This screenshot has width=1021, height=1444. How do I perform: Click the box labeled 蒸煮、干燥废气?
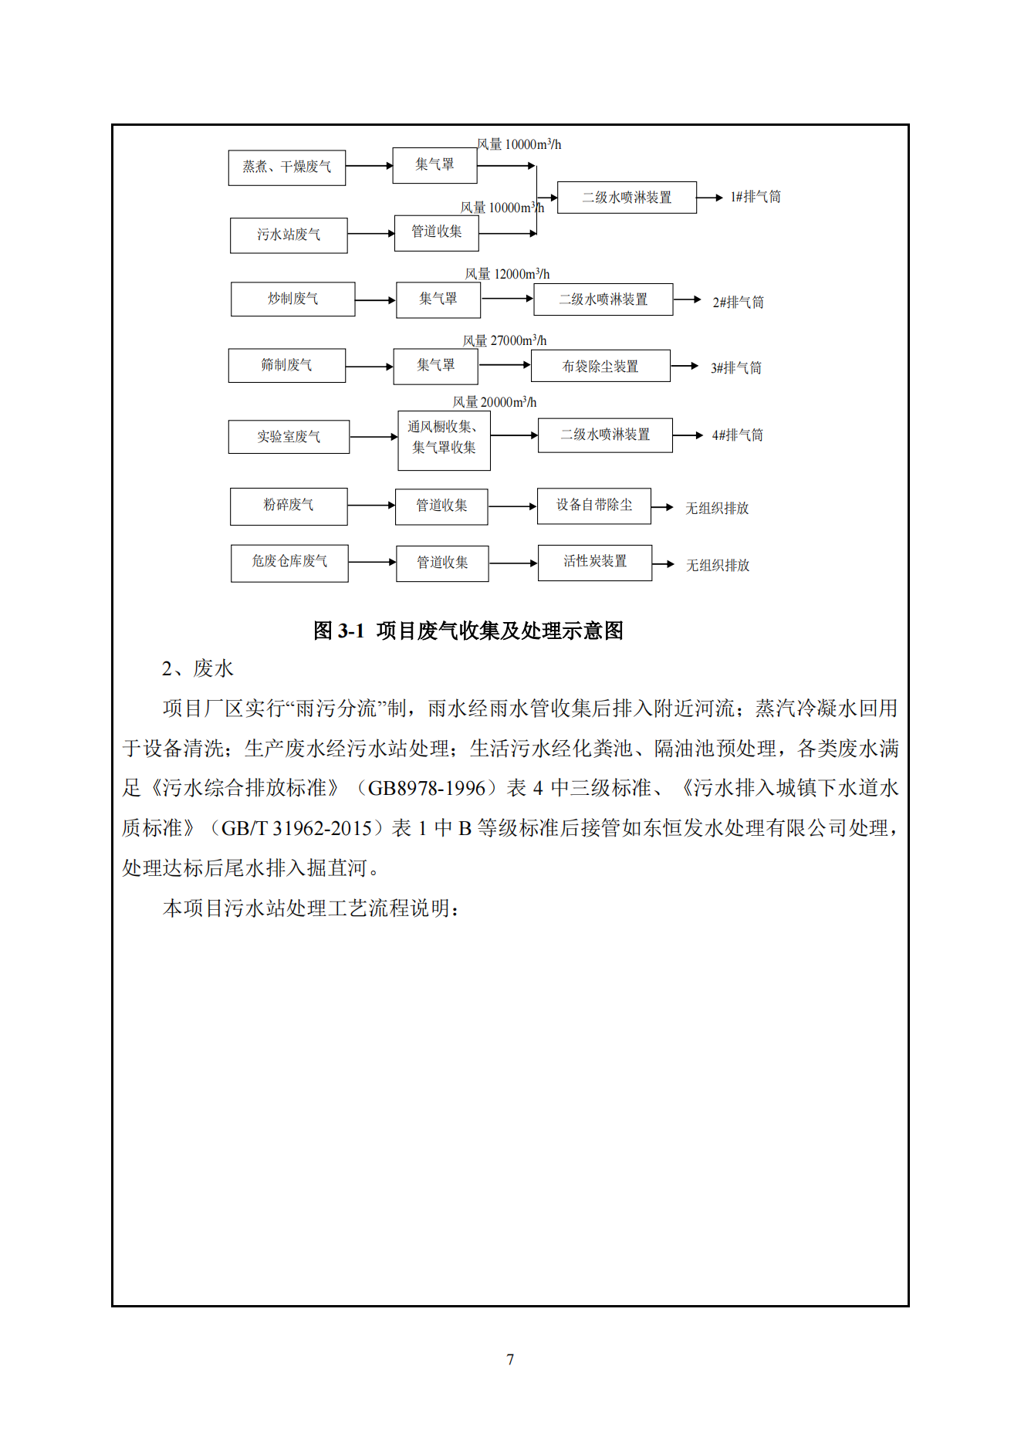(x=286, y=167)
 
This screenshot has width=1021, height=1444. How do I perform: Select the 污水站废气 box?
(x=289, y=235)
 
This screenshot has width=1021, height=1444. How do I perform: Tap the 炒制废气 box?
(x=292, y=299)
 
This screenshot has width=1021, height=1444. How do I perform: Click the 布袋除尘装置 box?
(x=600, y=367)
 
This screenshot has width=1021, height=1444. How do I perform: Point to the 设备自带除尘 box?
(x=593, y=506)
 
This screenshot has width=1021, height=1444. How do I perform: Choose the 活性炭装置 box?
(x=594, y=562)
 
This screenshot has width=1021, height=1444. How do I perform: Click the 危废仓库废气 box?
(x=289, y=563)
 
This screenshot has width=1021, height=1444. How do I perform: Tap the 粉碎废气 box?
(x=289, y=506)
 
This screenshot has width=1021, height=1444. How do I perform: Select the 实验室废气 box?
(x=289, y=437)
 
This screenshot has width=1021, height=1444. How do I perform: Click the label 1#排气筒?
(x=755, y=198)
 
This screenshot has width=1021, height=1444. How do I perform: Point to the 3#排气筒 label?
(x=735, y=368)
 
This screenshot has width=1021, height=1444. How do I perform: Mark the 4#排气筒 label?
(x=737, y=435)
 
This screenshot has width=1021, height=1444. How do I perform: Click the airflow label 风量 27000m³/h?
(x=505, y=340)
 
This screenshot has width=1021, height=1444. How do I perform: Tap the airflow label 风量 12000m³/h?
(x=507, y=274)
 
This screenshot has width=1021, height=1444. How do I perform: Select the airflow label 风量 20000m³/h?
(x=494, y=402)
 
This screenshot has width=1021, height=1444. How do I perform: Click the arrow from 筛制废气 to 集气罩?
(x=369, y=367)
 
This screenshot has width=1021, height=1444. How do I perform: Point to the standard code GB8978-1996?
(x=426, y=788)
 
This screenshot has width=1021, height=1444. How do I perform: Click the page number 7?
(x=510, y=1359)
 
